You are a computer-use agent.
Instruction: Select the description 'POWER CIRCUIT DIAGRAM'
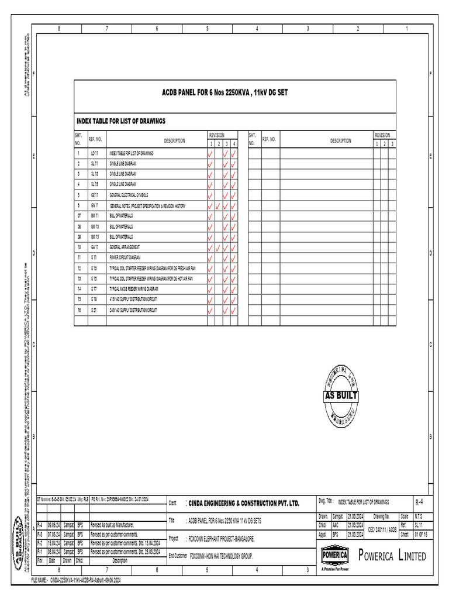[x=125, y=257]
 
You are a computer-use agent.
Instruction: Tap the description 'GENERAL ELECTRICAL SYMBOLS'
[x=129, y=195]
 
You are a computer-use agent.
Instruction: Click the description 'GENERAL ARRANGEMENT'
[x=125, y=247]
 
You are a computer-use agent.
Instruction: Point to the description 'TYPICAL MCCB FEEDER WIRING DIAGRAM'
[x=134, y=288]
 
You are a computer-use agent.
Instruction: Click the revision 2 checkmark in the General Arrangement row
[x=218, y=247]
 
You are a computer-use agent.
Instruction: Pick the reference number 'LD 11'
[x=95, y=153]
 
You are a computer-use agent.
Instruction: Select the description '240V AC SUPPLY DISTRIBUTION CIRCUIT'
[x=133, y=309]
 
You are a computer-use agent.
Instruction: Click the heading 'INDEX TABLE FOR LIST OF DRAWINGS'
[x=121, y=121]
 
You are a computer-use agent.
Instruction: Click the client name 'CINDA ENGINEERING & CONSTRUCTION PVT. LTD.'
[x=244, y=503]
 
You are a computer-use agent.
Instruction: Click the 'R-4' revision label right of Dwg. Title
[x=419, y=502]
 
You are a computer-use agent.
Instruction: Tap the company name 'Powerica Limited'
[x=391, y=556]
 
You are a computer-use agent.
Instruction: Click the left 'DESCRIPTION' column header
[x=174, y=140]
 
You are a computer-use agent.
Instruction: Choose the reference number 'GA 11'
[x=95, y=247]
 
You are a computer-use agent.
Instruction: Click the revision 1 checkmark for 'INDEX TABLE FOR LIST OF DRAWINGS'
[x=210, y=154]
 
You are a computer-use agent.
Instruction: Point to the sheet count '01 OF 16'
[x=421, y=535]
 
